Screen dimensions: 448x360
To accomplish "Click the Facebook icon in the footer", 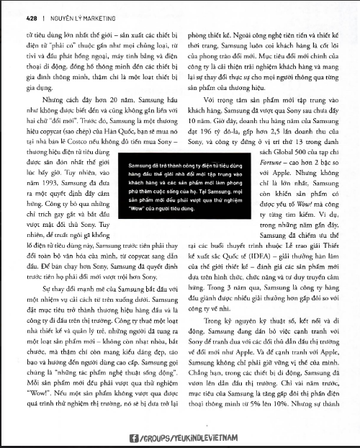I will point(133,437).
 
